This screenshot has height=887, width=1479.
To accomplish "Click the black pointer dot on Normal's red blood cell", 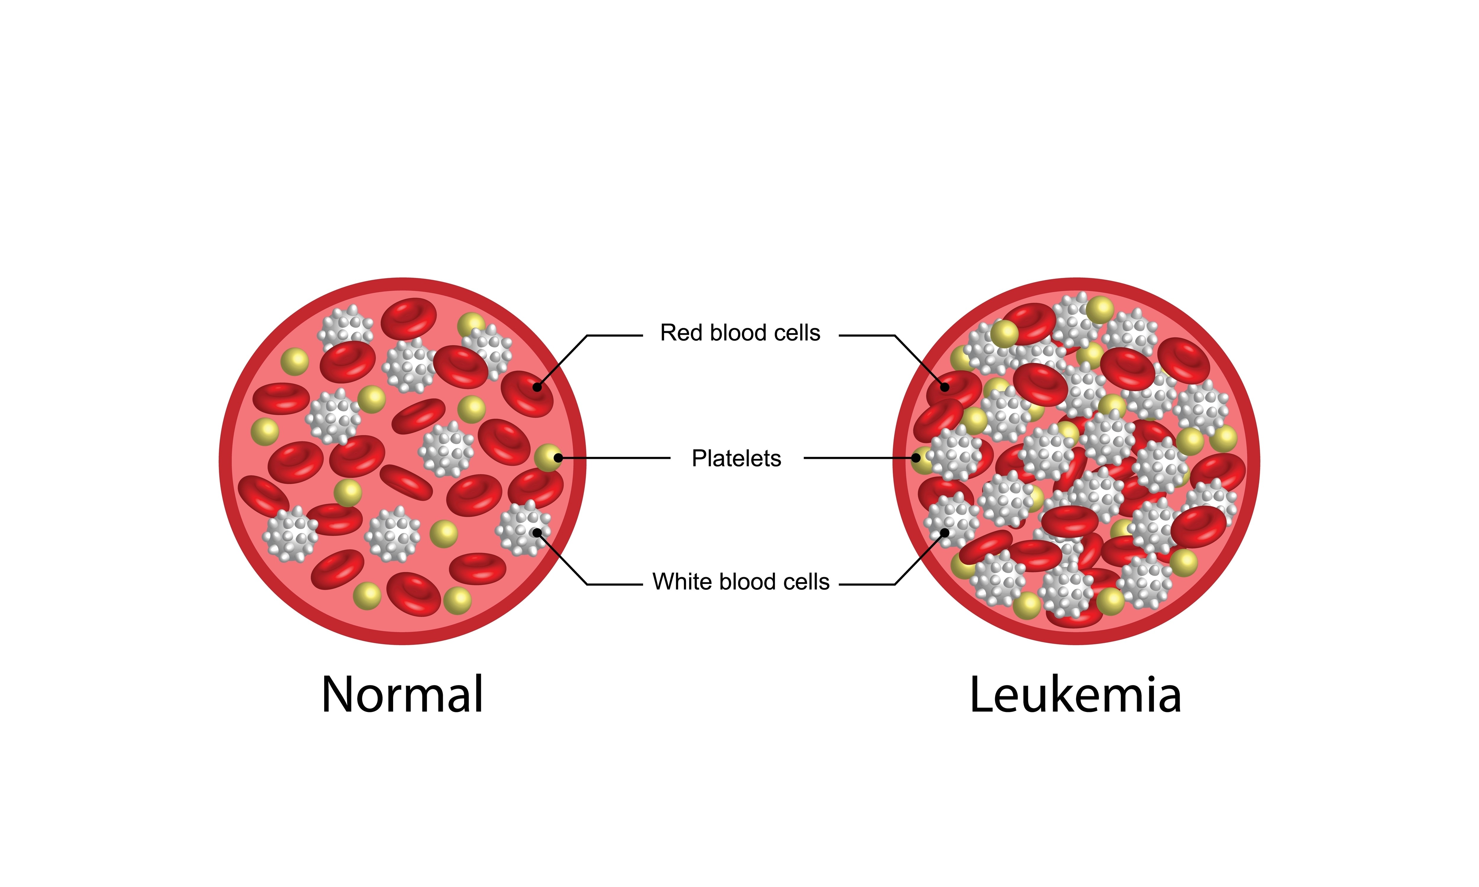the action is [x=537, y=387].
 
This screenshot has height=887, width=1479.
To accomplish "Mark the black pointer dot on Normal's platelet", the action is [x=558, y=458].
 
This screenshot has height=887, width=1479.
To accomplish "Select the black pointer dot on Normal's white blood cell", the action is [x=537, y=532].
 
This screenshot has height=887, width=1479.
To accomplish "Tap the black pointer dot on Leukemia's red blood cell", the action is [x=944, y=387].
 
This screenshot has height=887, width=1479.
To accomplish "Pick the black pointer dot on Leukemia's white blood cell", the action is [x=944, y=532].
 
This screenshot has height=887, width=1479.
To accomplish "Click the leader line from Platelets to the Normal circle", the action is [x=616, y=458].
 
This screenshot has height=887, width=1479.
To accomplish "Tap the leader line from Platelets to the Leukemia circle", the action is [x=861, y=458].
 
